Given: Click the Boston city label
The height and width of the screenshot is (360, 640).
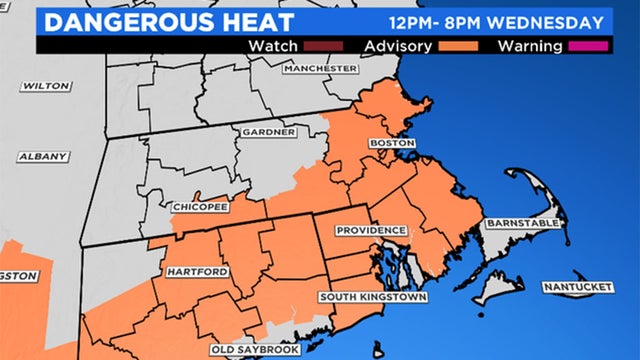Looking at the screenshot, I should (392, 143).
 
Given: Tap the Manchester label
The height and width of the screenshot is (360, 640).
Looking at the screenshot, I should (320, 68).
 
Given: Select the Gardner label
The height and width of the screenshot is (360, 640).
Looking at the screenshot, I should (268, 132).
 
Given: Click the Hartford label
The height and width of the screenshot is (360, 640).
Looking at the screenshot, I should (193, 272).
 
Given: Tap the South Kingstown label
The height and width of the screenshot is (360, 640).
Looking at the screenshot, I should (373, 298).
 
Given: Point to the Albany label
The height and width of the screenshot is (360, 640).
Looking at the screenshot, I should (43, 157).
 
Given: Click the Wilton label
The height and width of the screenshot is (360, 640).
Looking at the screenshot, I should (39, 86).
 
